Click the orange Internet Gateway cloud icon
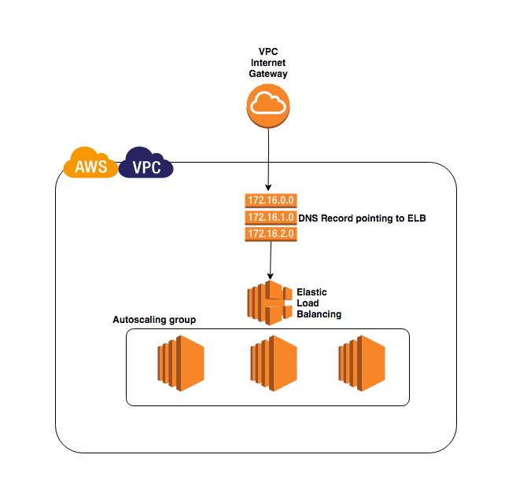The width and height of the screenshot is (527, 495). (x=268, y=105)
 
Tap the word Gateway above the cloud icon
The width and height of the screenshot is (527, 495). (x=268, y=73)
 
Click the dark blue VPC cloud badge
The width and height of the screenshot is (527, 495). (x=146, y=164)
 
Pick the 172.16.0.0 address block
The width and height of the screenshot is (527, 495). (x=270, y=200)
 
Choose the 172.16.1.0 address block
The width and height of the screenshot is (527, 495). (x=270, y=217)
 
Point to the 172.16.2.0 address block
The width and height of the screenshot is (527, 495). (x=270, y=233)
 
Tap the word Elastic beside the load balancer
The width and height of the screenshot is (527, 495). (x=311, y=292)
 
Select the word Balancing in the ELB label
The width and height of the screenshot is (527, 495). (x=319, y=314)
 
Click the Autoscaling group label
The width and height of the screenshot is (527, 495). (x=153, y=320)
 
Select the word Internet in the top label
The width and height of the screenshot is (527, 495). (x=268, y=62)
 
